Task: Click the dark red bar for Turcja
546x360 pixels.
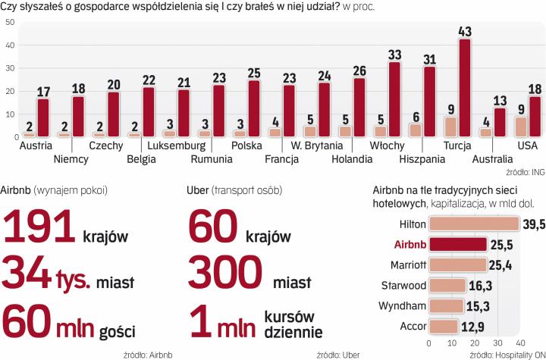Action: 465,88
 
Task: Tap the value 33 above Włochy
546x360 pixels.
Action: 394,55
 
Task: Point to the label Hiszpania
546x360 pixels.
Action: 422,159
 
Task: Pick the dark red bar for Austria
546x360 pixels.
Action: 43,118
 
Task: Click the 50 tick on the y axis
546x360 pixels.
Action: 10,22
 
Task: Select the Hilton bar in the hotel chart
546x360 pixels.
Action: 474,224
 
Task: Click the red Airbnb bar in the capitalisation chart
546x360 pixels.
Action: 458,245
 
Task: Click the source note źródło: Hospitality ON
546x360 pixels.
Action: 504,353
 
